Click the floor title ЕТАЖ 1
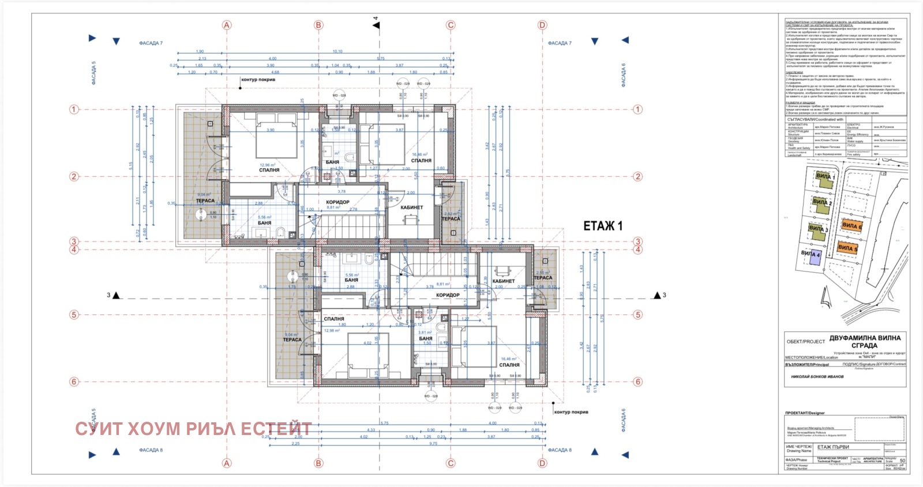pyautogui.click(x=603, y=226)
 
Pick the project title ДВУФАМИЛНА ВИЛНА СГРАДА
pyautogui.click(x=864, y=341)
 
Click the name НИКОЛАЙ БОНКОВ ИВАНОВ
pyautogui.click(x=817, y=377)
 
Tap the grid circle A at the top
pyautogui.click(x=227, y=25)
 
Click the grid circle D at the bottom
pyautogui.click(x=542, y=463)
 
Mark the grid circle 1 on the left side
pyautogui.click(x=74, y=109)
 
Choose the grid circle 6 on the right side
pyautogui.click(x=637, y=381)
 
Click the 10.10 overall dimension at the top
pyautogui.click(x=337, y=51)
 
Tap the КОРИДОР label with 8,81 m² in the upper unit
pyautogui.click(x=337, y=202)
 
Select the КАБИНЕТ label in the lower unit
pyautogui.click(x=503, y=281)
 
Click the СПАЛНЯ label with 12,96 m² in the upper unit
pyautogui.click(x=269, y=170)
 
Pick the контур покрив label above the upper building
pyautogui.click(x=258, y=80)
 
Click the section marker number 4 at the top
pyautogui.click(x=376, y=18)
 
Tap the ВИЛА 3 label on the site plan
pyautogui.click(x=818, y=229)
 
